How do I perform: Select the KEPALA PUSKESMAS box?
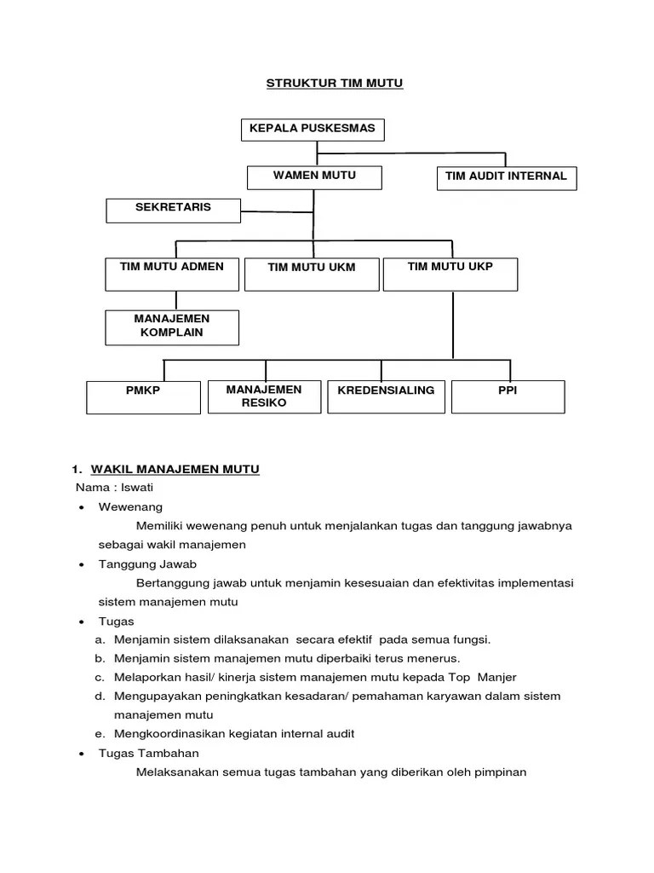click(x=312, y=130)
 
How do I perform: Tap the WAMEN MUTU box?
click(x=314, y=176)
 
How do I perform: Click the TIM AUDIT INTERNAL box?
click(x=506, y=177)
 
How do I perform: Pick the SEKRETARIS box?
click(x=173, y=209)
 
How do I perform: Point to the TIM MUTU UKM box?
click(x=312, y=273)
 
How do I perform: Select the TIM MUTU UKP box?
click(x=450, y=272)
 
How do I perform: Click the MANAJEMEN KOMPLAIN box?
click(x=172, y=327)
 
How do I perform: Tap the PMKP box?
click(x=143, y=396)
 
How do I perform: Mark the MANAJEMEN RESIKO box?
click(x=264, y=396)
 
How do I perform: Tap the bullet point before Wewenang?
click(x=80, y=507)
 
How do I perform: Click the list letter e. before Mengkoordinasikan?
click(x=100, y=733)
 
